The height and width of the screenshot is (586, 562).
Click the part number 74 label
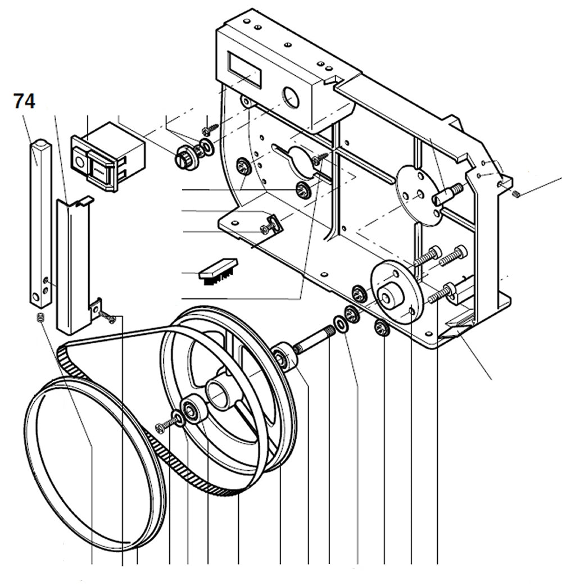[24, 102]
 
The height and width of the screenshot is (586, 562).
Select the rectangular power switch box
[107, 154]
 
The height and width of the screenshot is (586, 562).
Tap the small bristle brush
[219, 270]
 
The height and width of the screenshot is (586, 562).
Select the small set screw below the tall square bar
[40, 319]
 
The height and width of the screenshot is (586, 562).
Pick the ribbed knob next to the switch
[184, 155]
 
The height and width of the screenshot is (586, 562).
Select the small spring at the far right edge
[516, 194]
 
